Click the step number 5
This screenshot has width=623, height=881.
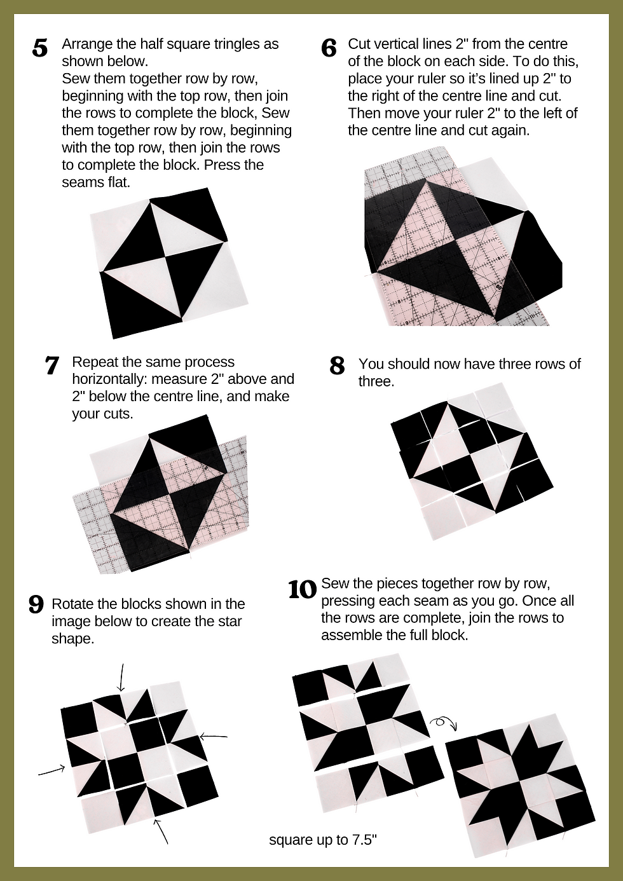pyautogui.click(x=39, y=48)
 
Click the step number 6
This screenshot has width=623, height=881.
pyautogui.click(x=329, y=48)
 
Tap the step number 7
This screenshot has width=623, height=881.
pyautogui.click(x=52, y=365)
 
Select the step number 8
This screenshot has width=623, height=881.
pyautogui.click(x=337, y=365)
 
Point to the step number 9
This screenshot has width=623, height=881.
pyautogui.click(x=36, y=604)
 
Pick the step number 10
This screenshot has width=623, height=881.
pyautogui.click(x=303, y=590)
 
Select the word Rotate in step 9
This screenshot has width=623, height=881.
pyautogui.click(x=70, y=604)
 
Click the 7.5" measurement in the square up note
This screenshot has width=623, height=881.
pyautogui.click(x=364, y=840)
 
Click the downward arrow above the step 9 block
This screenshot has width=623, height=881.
pyautogui.click(x=121, y=677)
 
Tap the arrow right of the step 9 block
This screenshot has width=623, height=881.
pyautogui.click(x=214, y=736)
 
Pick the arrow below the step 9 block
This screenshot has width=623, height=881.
pyautogui.click(x=161, y=831)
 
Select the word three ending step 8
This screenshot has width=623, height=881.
pyautogui.click(x=376, y=381)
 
